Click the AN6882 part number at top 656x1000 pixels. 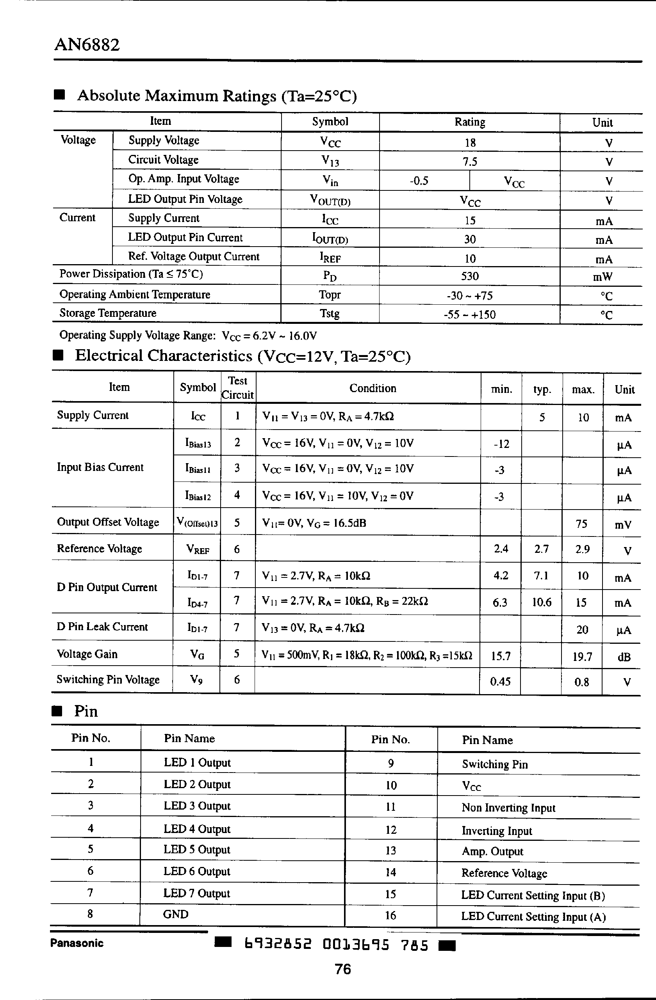[87, 44]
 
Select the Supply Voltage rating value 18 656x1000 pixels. [470, 143]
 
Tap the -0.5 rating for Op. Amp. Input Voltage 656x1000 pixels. [419, 181]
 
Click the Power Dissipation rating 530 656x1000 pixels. [470, 276]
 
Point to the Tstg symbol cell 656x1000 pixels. [330, 313]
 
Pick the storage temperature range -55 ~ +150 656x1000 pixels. [470, 315]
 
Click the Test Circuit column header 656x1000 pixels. [237, 388]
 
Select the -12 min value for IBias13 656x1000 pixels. [501, 444]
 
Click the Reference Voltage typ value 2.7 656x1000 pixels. [541, 549]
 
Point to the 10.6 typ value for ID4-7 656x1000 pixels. [541, 602]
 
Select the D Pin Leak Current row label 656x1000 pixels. [102, 627]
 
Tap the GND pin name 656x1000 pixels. [175, 914]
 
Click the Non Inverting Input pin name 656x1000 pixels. [508, 808]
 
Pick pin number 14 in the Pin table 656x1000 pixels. [390, 872]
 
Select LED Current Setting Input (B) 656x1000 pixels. [533, 895]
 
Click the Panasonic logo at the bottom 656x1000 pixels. [77, 943]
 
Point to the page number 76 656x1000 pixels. [343, 969]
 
